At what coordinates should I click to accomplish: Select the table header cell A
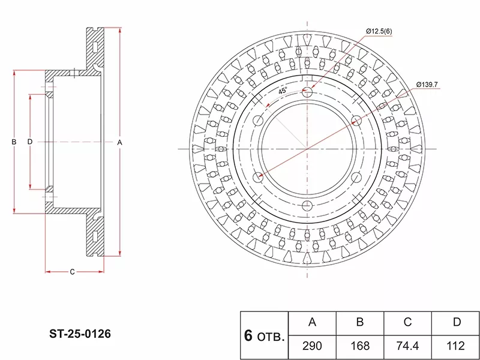click(312, 322)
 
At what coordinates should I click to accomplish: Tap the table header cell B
click(360, 322)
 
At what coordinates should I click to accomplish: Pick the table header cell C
click(407, 322)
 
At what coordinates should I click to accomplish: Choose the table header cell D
click(456, 322)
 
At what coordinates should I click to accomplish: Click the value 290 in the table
click(312, 346)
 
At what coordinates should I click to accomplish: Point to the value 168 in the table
click(360, 346)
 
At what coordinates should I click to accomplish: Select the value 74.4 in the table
click(407, 346)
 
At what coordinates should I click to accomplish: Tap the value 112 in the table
click(456, 346)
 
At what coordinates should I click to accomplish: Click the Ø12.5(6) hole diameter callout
click(379, 31)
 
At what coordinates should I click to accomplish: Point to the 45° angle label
click(283, 91)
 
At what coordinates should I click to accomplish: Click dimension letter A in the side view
click(119, 142)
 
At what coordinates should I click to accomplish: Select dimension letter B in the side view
click(14, 142)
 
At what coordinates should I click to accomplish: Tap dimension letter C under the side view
click(72, 272)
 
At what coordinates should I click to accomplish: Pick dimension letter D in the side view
click(29, 142)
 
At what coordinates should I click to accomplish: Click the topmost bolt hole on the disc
click(307, 92)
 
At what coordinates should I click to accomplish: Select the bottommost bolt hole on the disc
click(307, 205)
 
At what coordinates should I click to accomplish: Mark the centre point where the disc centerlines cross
click(307, 148)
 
